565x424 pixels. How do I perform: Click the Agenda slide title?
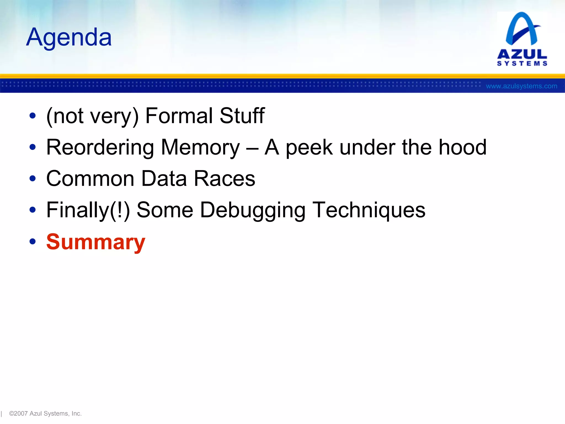[69, 37]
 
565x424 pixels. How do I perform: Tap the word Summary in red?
[96, 242]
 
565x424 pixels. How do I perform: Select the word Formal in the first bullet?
[179, 116]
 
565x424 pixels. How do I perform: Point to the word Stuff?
[242, 116]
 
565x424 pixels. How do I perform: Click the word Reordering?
[100, 147]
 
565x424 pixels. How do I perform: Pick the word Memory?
[200, 147]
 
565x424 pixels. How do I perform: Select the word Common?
[90, 179]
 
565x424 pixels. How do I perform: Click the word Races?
[224, 179]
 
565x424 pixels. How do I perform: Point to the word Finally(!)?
[88, 210]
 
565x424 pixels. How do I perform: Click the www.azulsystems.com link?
[521, 86]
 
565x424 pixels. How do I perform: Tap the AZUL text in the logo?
[522, 54]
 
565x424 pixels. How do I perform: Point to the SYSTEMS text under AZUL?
[522, 63]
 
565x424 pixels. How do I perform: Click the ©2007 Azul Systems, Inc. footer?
[45, 414]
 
